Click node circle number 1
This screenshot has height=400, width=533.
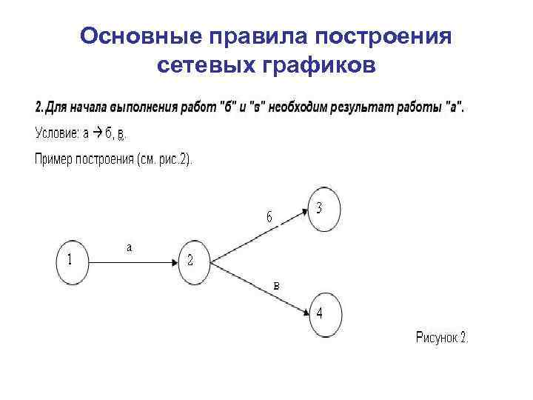(x=72, y=261)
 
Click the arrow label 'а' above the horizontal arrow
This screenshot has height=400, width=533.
(x=129, y=248)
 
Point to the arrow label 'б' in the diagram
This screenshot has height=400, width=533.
(x=269, y=217)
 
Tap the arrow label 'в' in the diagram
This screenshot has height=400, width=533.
(x=276, y=284)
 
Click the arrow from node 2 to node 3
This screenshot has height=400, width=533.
(x=259, y=236)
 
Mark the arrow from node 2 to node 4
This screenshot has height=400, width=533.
(x=259, y=288)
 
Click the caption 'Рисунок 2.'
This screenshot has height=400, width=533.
(x=442, y=338)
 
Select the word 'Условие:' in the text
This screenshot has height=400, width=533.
(x=57, y=133)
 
